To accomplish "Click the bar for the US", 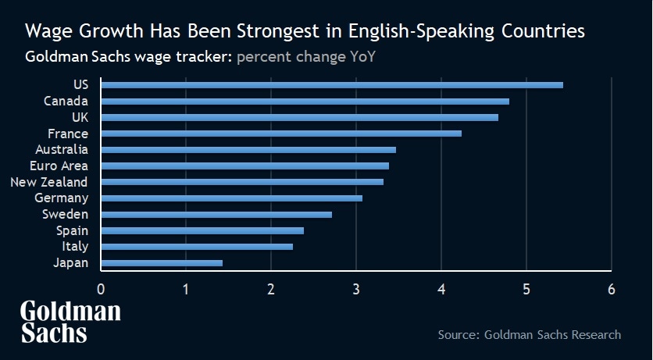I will tap(332, 85).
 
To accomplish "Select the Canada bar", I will tap(305, 102).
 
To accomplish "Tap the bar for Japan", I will tap(162, 263).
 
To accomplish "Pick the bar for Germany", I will tap(231, 198).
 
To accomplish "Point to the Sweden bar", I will tap(216, 215).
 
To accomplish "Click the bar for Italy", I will tap(197, 247).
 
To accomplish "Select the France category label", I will tap(68, 134).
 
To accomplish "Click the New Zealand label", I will tap(49, 182).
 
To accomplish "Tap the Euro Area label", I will tap(59, 166).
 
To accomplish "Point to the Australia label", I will tap(62, 149).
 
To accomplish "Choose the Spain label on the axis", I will tap(73, 230).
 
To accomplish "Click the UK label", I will tap(80, 117).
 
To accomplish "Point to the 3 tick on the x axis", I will tap(356, 290).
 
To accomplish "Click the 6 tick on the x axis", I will tap(612, 290).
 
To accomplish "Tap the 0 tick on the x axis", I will tap(101, 290).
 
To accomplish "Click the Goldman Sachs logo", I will tap(70, 322).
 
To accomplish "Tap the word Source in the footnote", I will tap(457, 335).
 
